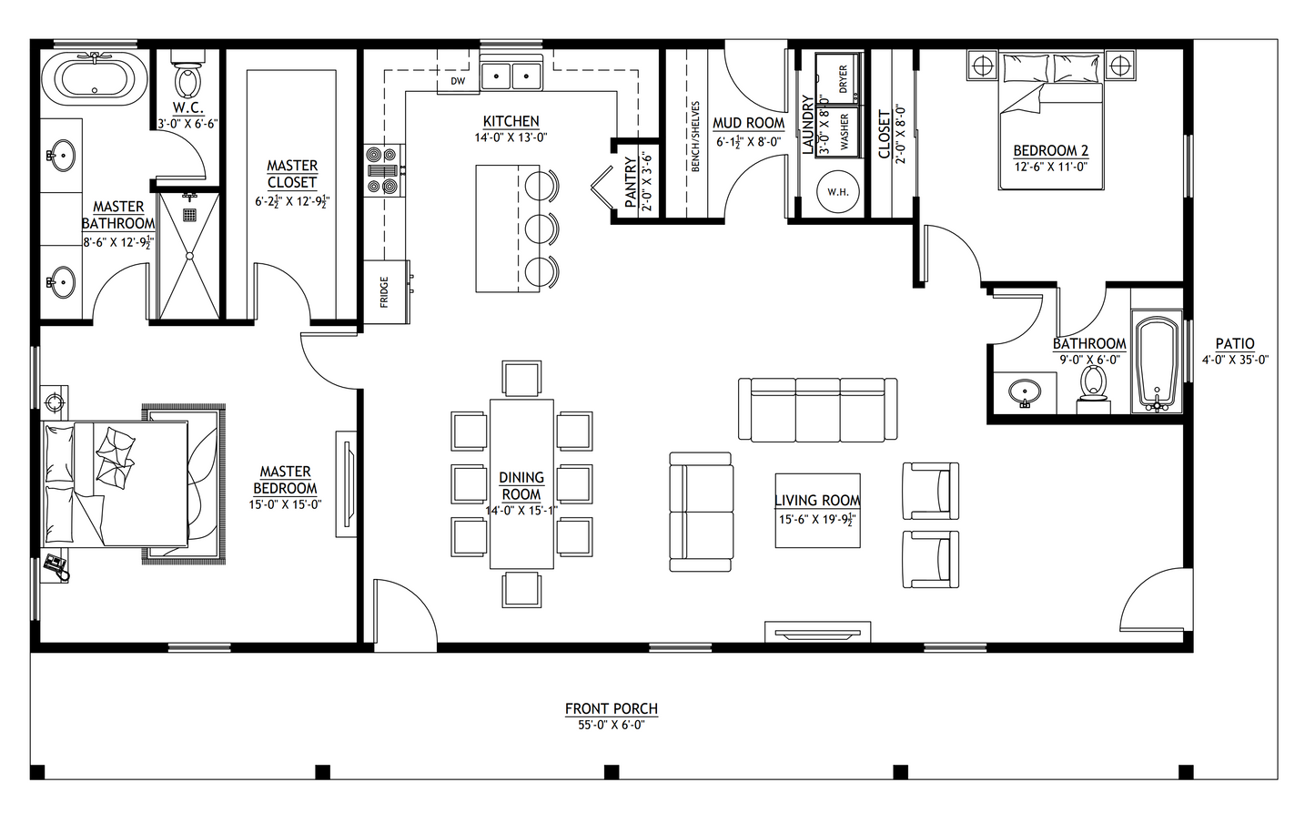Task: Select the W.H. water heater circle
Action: click(837, 191)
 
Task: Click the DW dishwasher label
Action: click(458, 81)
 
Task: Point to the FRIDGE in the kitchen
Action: click(387, 291)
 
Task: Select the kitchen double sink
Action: click(511, 76)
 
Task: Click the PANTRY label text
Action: click(631, 183)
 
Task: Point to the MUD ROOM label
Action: click(748, 123)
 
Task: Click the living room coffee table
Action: click(816, 511)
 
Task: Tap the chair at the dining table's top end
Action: click(521, 378)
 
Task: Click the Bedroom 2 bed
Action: click(1052, 123)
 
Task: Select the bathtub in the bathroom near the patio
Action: click(1157, 363)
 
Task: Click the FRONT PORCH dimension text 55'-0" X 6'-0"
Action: click(611, 726)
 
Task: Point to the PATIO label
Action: click(1235, 344)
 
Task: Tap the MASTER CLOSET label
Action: click(292, 174)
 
